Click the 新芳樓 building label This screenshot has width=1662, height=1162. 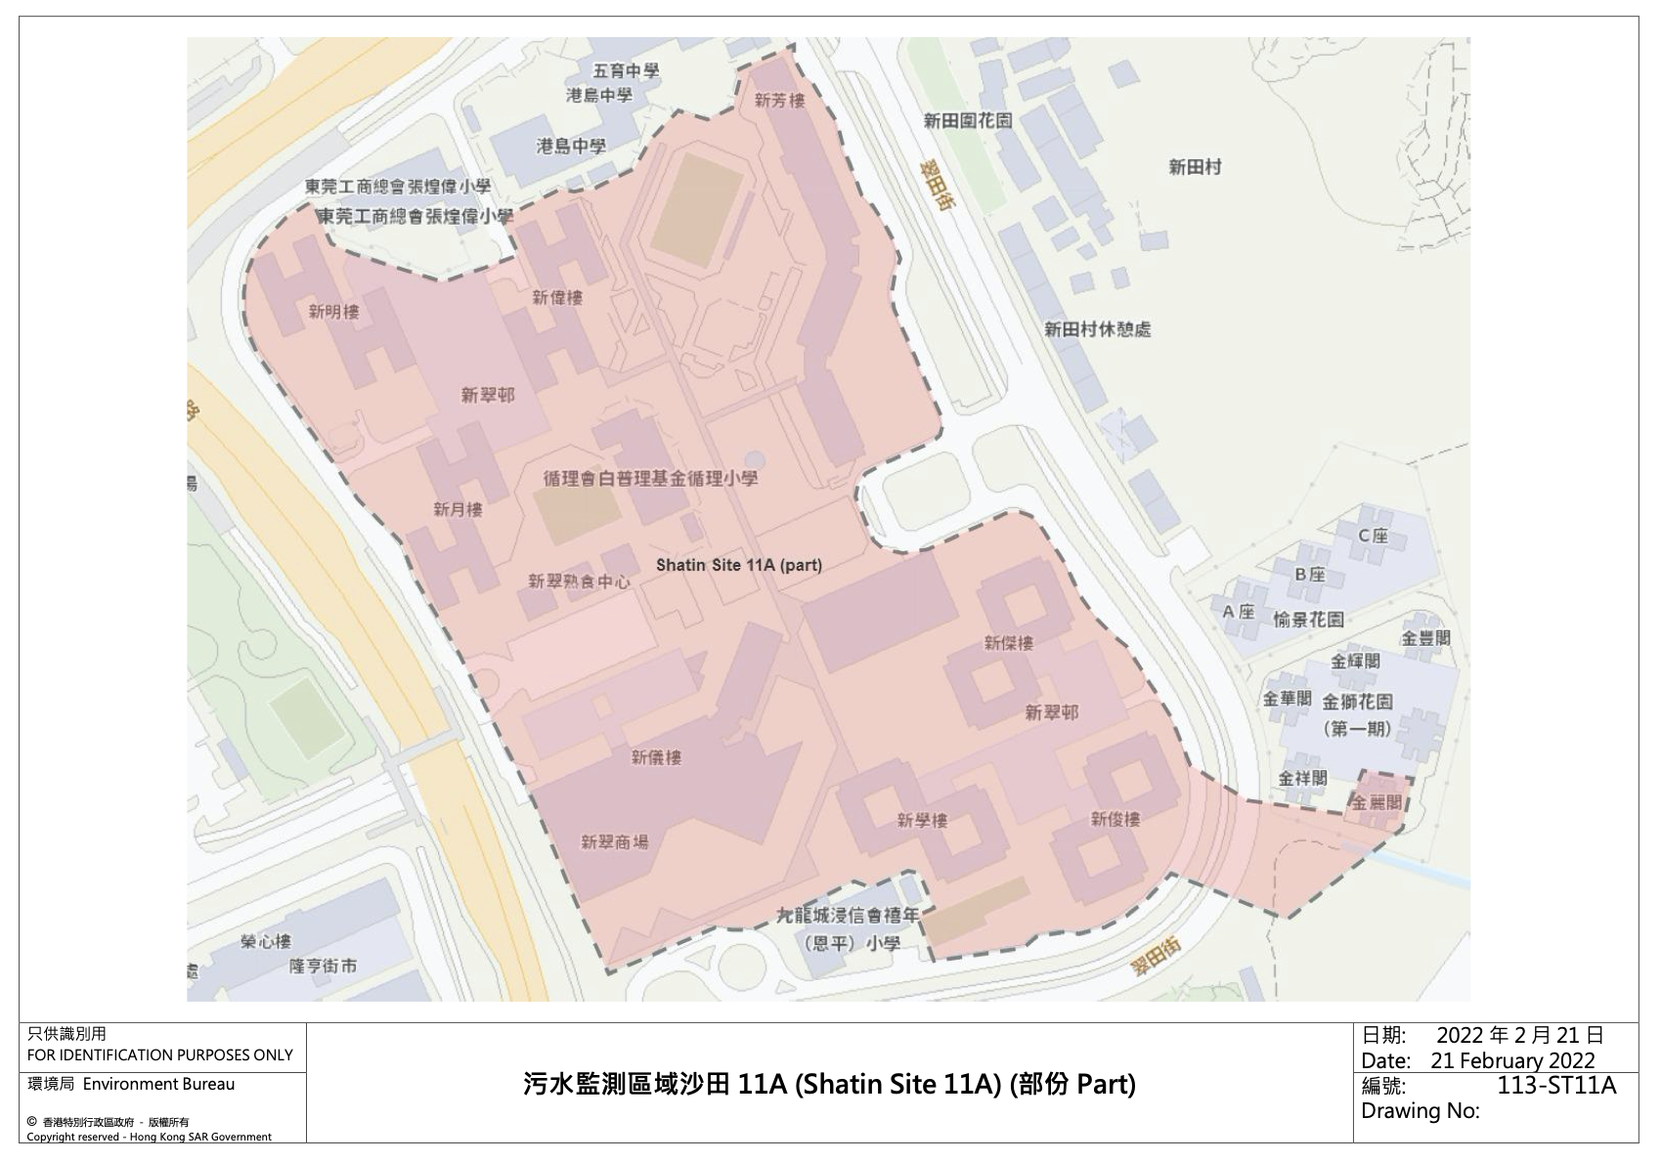coord(779,101)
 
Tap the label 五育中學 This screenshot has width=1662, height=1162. coord(626,70)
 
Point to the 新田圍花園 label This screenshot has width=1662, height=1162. coord(968,120)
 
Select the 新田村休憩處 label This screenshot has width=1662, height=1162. coord(1097,329)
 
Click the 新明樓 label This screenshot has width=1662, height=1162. coord(333,312)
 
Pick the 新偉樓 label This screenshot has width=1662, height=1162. coord(557,297)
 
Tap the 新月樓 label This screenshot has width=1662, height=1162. coord(458,509)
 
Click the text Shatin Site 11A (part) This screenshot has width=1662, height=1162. coord(738,565)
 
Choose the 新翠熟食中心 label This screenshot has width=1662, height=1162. coord(579,581)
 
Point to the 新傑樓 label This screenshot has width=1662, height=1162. coord(1008,643)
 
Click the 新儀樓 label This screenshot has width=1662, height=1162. coord(656,756)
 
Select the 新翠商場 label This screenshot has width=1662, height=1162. coord(614,841)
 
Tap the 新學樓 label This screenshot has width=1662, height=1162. coord(922,820)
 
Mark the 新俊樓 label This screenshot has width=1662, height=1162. coord(1115,819)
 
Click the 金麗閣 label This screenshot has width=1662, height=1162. coord(1377,802)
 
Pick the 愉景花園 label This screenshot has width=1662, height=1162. coord(1308,620)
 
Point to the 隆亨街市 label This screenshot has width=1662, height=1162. coord(323,966)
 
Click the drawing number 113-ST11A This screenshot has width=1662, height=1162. coord(1556,1086)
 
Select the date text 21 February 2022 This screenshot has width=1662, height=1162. coord(1512,1060)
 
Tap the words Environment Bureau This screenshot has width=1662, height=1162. coord(158,1084)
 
